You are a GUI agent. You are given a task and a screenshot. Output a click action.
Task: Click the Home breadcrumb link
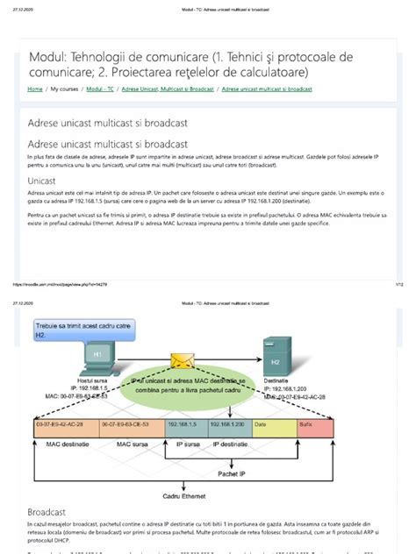tap(35, 89)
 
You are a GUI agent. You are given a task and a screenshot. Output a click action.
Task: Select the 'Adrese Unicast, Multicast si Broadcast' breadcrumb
tap(169, 89)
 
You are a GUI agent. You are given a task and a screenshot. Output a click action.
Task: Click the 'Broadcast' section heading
tap(47, 509)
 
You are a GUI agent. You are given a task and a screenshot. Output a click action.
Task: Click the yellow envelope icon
tap(183, 360)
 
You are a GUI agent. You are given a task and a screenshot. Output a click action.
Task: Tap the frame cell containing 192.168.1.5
tap(187, 425)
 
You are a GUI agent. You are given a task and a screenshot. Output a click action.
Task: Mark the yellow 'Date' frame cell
tap(273, 425)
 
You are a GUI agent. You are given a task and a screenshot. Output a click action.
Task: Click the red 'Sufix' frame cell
tap(314, 425)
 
